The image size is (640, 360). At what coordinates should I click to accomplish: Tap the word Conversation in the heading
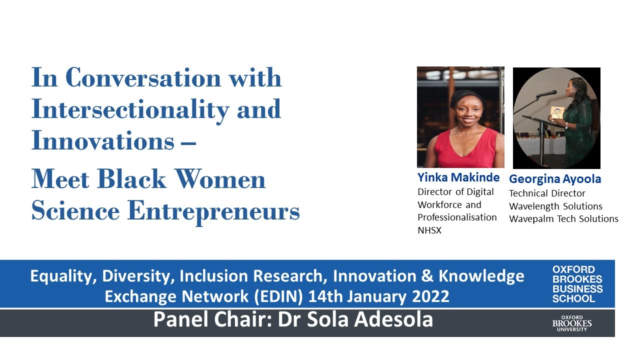[x=142, y=77]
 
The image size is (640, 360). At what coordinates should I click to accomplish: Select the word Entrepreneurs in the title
[x=213, y=211]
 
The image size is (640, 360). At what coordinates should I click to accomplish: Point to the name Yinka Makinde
[x=458, y=177]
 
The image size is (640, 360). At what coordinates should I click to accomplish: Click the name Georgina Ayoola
[x=555, y=179]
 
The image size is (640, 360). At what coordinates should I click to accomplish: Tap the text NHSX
[x=429, y=230]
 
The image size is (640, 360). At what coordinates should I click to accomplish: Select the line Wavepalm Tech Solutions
[x=563, y=219]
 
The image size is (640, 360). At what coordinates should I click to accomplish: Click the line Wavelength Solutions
[x=555, y=206]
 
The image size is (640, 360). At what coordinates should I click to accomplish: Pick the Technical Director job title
[x=547, y=193]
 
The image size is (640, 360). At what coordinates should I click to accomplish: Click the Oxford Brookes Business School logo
[x=577, y=284]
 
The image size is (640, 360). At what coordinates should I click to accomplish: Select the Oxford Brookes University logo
[x=572, y=323]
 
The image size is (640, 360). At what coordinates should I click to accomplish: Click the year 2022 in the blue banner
[x=430, y=296]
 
